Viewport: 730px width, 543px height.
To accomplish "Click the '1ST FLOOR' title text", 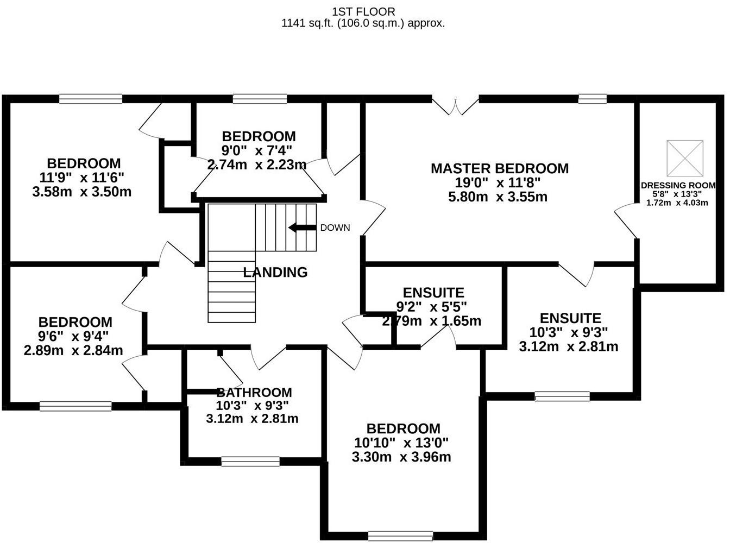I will tap(363, 11).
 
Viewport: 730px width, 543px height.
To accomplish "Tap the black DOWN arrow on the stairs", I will tap(302, 228).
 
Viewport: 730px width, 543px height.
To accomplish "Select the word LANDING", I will tap(275, 272).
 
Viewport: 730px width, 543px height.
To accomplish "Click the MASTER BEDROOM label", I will tap(499, 168).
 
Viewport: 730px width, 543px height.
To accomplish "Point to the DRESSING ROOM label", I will tap(678, 185).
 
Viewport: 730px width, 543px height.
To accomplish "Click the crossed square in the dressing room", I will tap(685, 157).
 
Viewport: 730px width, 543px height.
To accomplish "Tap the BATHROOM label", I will tap(254, 392).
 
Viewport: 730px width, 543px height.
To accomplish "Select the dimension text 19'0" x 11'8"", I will tap(498, 183).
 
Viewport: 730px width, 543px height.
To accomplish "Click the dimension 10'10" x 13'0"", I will tap(401, 443).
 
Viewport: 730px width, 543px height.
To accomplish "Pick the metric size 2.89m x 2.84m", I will tap(73, 350).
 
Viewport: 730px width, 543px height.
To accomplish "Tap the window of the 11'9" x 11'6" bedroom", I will tap(91, 99).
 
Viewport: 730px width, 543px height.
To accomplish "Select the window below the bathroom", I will tap(250, 462).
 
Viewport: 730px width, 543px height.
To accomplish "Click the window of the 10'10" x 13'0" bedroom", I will tap(397, 536).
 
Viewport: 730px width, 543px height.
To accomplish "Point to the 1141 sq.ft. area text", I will tap(363, 23).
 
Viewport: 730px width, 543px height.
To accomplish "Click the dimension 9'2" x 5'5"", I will tap(432, 307).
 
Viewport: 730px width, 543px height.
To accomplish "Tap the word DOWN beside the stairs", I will tap(335, 228).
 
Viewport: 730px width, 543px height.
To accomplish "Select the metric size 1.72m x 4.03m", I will tap(677, 203).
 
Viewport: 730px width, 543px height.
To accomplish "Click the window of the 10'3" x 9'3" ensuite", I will tap(562, 396).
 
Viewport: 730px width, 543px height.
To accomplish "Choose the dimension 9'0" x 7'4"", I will tap(257, 150).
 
